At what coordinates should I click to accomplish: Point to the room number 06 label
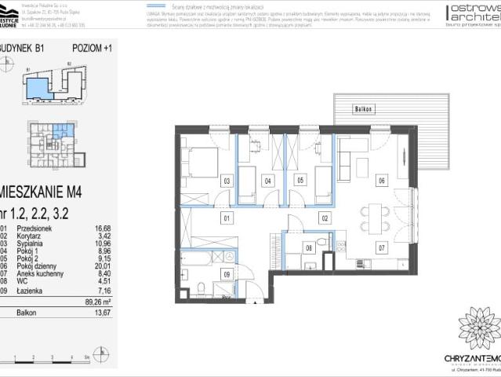pos(382,181)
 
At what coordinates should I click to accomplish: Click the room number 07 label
pos(382,249)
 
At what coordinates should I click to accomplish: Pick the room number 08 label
pos(309,249)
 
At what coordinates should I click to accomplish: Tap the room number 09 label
pos(227,273)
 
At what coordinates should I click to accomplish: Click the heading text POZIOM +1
pos(91,48)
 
